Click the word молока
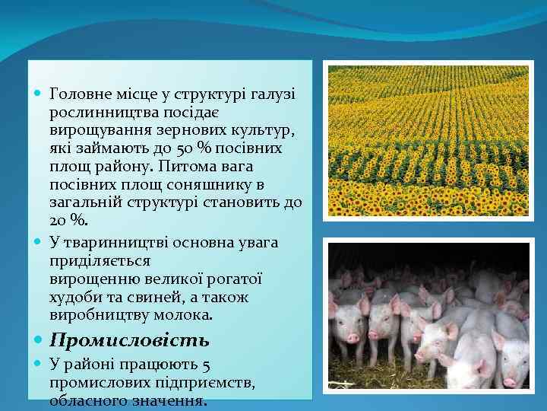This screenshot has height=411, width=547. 185,315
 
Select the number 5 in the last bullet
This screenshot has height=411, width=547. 207,364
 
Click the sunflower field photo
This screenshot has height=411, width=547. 428,141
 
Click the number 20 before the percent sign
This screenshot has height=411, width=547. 58,221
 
